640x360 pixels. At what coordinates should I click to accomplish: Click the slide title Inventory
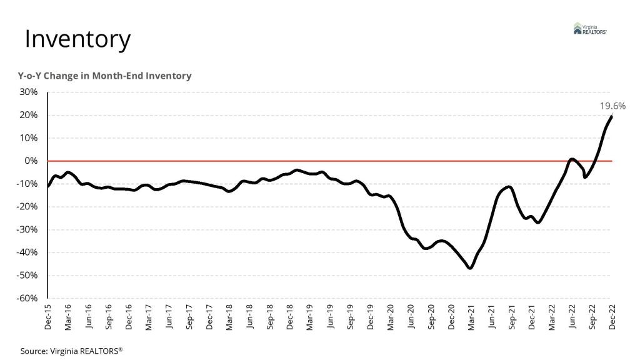(x=77, y=39)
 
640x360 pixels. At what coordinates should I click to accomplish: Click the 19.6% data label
(x=612, y=106)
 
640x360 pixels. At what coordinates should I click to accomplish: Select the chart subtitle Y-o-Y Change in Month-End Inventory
(x=104, y=76)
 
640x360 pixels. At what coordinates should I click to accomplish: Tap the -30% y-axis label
(x=29, y=229)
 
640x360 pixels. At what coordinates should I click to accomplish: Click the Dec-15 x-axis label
(x=48, y=316)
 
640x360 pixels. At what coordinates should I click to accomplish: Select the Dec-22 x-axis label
(x=612, y=316)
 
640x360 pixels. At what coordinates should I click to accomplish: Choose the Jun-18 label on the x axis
(x=250, y=316)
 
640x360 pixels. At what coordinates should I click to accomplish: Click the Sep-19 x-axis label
(x=351, y=316)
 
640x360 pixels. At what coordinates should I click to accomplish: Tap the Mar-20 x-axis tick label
(x=391, y=316)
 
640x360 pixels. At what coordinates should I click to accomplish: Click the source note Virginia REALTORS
(x=72, y=351)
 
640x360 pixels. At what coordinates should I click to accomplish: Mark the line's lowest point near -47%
(x=470, y=268)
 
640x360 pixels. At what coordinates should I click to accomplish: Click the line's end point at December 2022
(x=611, y=116)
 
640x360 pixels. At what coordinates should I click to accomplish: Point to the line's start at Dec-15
(x=48, y=186)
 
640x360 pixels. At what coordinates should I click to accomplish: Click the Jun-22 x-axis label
(x=572, y=316)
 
